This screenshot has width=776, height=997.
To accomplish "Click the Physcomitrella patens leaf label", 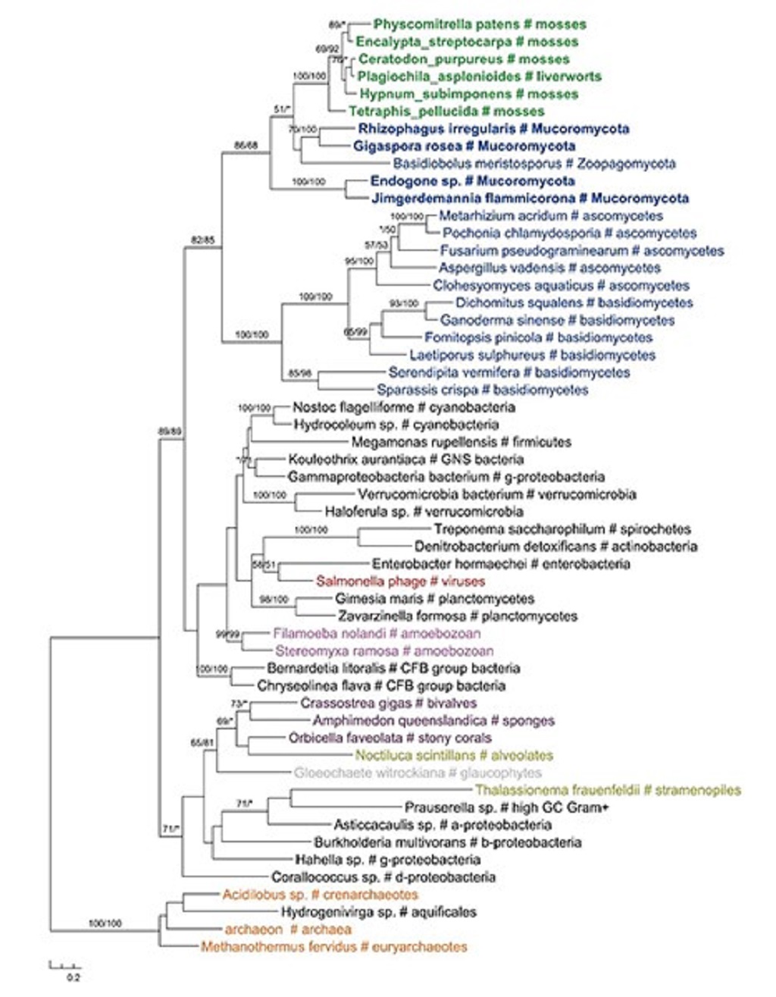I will [480, 24].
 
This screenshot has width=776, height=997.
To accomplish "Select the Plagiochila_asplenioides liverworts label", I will [479, 77].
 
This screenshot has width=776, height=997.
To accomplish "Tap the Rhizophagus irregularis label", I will [493, 129].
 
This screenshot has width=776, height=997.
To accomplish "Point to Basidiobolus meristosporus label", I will [534, 164].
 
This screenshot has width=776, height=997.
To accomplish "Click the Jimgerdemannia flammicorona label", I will [530, 199].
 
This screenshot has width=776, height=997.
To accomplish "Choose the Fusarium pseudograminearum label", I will [581, 251].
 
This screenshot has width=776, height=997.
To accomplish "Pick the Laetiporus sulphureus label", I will [532, 355].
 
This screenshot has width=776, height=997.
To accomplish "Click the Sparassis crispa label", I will [482, 390].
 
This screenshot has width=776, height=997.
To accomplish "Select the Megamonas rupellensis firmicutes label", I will [461, 442].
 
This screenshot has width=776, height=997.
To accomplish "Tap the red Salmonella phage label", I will [400, 582].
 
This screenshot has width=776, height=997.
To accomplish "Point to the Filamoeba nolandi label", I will [377, 634].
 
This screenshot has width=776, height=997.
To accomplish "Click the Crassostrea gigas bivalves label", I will [388, 704].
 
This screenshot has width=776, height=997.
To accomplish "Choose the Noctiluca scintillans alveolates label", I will [454, 756].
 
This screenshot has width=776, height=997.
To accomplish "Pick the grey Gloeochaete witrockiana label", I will [418, 773].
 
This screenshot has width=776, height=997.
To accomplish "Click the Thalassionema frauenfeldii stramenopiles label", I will [607, 791].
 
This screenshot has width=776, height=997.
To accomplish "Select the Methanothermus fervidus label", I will [333, 947].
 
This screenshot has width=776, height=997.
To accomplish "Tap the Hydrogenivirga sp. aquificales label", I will [378, 912].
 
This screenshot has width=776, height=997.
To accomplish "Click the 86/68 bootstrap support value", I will [246, 146].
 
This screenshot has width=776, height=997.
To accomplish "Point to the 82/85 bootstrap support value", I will [202, 240].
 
